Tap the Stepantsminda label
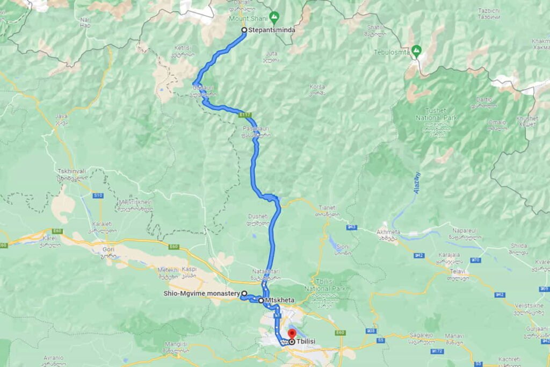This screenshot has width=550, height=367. click(272, 30)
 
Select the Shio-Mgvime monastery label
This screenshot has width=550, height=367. click(201, 293)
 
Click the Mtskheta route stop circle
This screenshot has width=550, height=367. click(262, 300)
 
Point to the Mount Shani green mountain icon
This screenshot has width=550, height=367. click(275, 17)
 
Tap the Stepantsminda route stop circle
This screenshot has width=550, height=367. click(244, 30)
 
